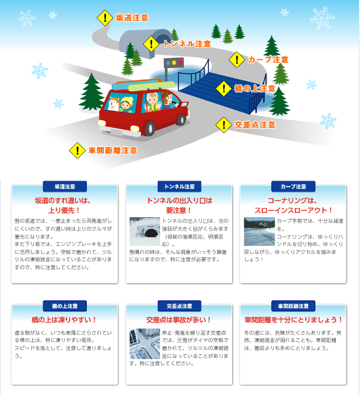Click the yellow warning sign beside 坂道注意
pos(106,18)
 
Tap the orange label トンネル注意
pos(186,44)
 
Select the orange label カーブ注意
pos(268,60)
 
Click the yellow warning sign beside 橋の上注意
pos(224,88)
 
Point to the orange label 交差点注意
pos(254,125)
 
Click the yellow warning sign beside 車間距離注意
pos(77,150)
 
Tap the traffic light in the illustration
pos(175,63)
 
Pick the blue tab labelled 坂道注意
pos(64,186)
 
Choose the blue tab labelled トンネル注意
pos(179,186)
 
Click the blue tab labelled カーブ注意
pos(293,186)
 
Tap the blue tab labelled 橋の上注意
pos(64,305)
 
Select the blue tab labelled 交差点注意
pos(179,305)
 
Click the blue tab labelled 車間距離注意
pos(293,305)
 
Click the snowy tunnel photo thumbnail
pos(145,231)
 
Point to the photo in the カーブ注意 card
pos(259,231)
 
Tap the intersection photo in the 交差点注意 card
pos(145,344)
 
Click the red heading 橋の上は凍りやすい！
pos(64,319)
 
